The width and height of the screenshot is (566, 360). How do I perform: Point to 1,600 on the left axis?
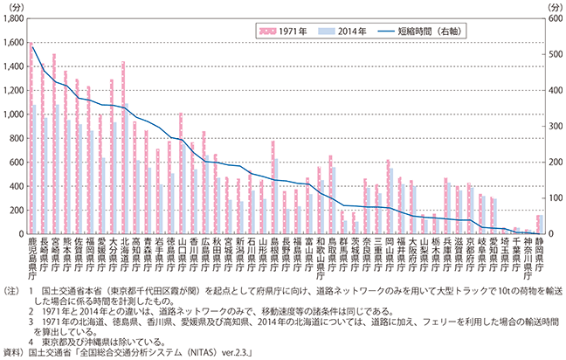pyautogui.click(x=15, y=43)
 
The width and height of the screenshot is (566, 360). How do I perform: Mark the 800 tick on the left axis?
pyautogui.click(x=18, y=138)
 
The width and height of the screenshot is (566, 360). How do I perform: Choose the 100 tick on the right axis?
pyautogui.click(x=547, y=197)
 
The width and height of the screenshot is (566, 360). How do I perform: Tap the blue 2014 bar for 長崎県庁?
pyautogui.click(x=45, y=176)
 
